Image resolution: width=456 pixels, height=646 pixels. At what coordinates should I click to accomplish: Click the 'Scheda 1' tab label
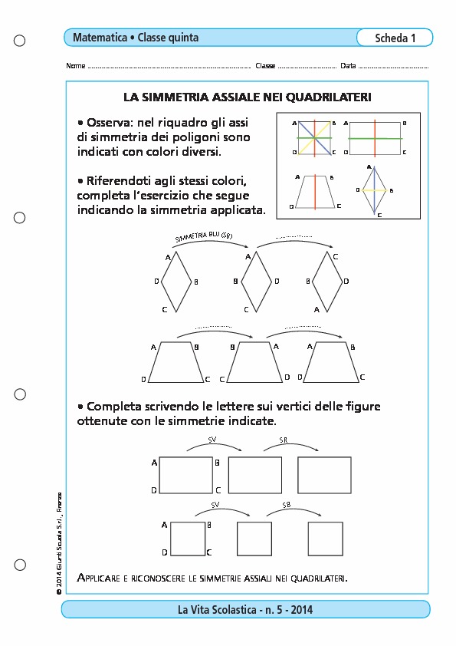(x=395, y=38)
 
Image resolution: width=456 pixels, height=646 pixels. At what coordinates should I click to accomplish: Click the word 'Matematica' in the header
(x=100, y=38)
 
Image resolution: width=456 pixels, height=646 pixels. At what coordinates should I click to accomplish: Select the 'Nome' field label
(x=76, y=65)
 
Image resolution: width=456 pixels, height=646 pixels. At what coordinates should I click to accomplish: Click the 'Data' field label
(x=348, y=65)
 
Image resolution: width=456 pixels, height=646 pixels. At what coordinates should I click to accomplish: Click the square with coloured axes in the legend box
(x=314, y=138)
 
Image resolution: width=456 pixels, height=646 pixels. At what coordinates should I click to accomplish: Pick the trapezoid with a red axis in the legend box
(x=315, y=192)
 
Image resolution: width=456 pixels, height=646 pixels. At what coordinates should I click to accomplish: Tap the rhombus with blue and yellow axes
(x=374, y=190)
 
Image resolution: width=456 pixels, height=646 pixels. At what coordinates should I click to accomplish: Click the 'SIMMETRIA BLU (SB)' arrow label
(x=204, y=236)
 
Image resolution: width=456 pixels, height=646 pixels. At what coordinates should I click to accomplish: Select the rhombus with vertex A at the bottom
(x=327, y=282)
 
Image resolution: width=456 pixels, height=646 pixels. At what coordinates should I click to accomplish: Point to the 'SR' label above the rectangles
(x=283, y=440)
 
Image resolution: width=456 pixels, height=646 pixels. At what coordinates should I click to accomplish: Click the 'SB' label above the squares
(x=287, y=505)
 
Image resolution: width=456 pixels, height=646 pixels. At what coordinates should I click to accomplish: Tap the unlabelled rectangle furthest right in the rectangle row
(x=324, y=475)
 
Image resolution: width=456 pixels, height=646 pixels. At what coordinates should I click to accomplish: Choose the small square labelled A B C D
(x=188, y=539)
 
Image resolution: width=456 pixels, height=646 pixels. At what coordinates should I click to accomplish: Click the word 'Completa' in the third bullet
(x=114, y=407)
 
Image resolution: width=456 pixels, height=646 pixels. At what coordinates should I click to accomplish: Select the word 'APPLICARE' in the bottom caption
(x=98, y=578)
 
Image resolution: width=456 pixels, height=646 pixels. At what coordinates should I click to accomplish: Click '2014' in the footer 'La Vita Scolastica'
(x=302, y=610)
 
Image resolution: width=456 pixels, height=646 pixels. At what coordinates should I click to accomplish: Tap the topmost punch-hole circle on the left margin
(x=19, y=41)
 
